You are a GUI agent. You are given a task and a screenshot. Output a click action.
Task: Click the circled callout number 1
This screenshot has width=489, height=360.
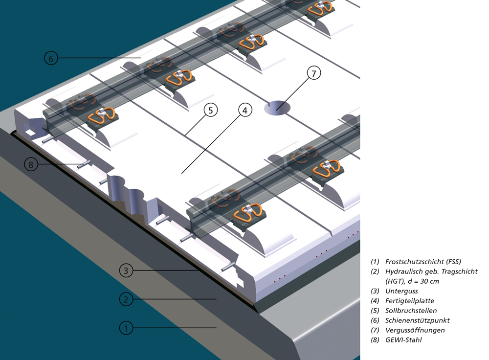[x=126, y=328]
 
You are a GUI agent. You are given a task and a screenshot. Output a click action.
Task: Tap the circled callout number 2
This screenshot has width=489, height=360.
[x=126, y=299]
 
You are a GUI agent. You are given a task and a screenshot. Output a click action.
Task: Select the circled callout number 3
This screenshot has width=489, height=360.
[x=126, y=270]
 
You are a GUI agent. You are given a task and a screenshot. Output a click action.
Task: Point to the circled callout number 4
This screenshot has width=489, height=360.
[x=245, y=110]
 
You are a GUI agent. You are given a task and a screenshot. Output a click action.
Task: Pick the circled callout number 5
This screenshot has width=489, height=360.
[x=210, y=110]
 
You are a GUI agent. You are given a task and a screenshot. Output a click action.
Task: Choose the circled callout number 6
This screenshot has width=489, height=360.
[x=51, y=58]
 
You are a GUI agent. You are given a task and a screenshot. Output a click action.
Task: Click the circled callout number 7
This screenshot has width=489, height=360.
[x=314, y=73]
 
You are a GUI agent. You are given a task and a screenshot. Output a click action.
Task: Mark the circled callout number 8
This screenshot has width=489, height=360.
[x=31, y=164]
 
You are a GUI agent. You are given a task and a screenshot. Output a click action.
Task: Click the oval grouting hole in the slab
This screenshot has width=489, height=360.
[x=277, y=108]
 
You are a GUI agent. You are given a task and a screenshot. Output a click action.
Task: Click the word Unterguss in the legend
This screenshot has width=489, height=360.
[x=401, y=291]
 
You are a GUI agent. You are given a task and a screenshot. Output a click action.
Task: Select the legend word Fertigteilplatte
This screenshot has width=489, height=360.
[x=409, y=301]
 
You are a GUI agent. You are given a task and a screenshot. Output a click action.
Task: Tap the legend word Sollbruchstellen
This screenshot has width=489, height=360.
[x=411, y=311]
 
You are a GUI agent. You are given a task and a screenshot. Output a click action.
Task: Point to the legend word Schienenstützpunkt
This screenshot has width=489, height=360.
[x=417, y=320]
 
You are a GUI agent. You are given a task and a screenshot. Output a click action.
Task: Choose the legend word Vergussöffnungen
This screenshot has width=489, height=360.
[x=415, y=330]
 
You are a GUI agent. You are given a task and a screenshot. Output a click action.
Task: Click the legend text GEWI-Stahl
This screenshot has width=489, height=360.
[x=403, y=340]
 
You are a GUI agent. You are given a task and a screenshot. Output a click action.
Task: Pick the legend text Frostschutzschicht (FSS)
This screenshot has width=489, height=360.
[x=423, y=262]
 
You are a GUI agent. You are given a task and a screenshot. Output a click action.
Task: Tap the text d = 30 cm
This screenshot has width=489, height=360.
[x=423, y=281]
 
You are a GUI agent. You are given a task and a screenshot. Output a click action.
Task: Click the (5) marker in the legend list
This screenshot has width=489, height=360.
[x=375, y=311]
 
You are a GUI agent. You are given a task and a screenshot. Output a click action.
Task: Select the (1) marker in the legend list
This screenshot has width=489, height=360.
[x=375, y=262]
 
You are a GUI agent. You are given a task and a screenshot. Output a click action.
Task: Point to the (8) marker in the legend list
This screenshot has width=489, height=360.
[x=375, y=340]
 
